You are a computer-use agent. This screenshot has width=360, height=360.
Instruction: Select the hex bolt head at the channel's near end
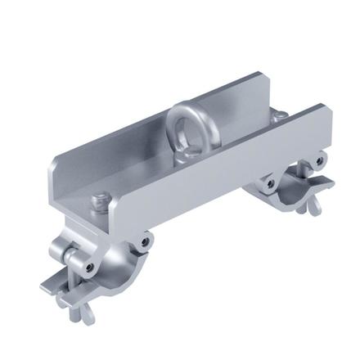[101, 198]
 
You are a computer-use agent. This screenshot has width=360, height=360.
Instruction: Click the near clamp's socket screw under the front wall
[145, 241]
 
